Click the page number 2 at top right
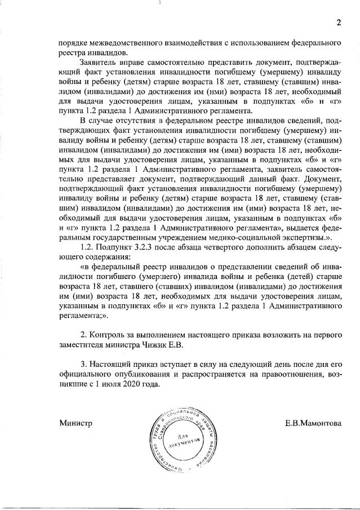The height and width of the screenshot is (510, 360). coord(339,23)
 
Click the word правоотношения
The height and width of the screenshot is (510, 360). coord(266,374)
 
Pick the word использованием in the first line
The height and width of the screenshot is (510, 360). coord(261,43)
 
